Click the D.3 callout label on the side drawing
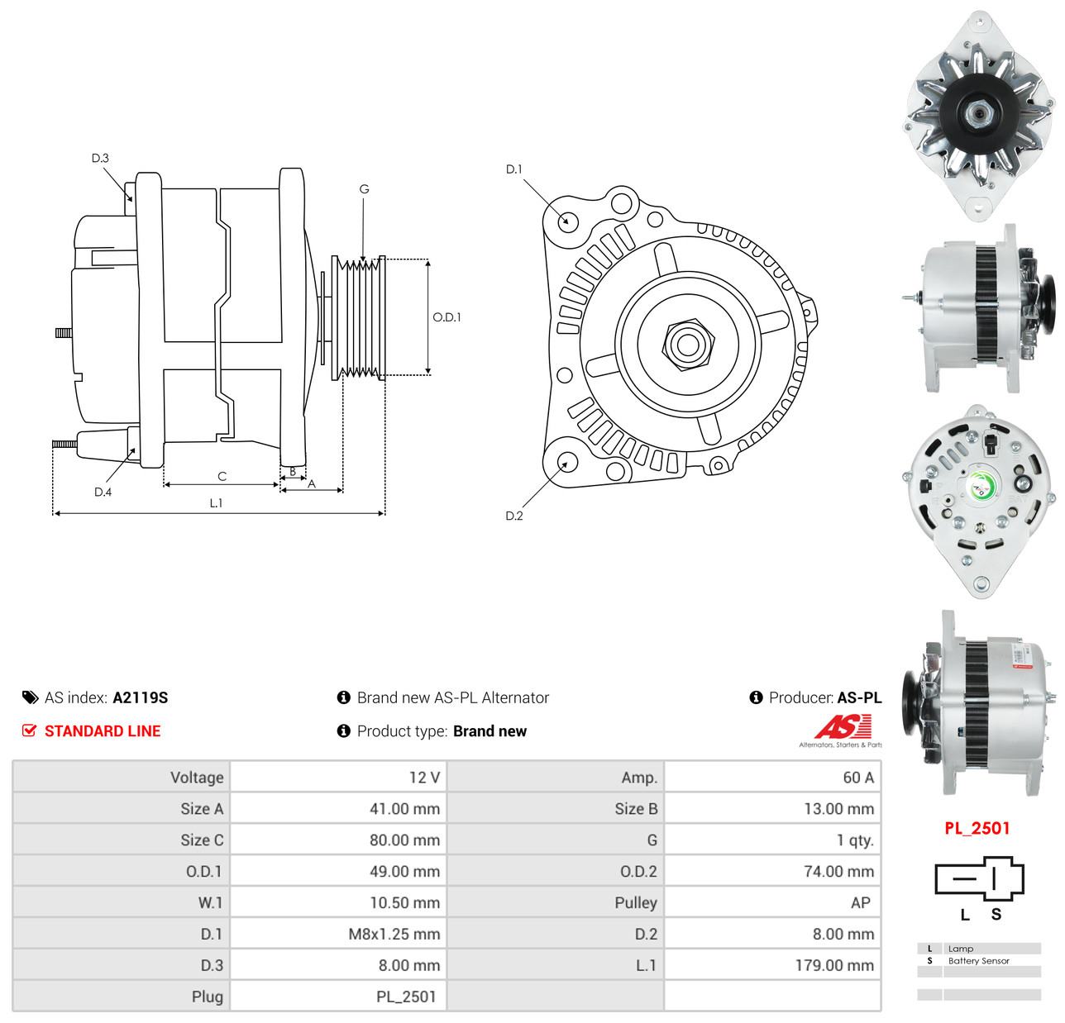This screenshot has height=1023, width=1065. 100,158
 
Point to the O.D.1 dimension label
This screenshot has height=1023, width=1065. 447,317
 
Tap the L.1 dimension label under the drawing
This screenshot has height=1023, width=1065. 216,502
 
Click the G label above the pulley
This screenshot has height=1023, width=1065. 364,188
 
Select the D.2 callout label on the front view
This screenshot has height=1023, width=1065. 513,516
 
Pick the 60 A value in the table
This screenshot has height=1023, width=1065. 858,778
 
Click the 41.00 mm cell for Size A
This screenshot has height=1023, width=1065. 404,808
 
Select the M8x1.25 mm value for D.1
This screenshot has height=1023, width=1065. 394,934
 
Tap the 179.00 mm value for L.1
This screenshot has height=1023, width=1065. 834,965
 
